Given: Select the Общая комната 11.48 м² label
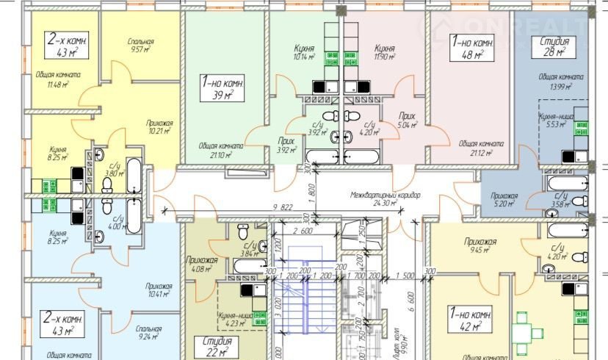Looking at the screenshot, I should coord(57,79).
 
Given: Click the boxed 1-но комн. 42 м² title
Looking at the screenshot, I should coord(472,318).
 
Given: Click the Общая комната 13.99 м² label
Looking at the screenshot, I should coord(560,81).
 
